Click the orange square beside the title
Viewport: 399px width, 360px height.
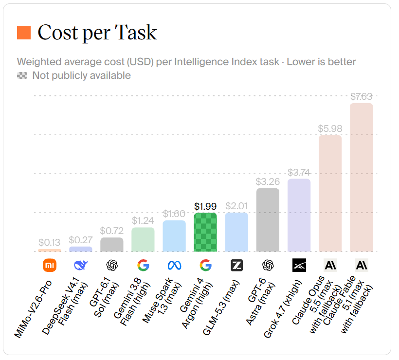pos(24,33)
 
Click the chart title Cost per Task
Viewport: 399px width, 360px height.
pos(97,33)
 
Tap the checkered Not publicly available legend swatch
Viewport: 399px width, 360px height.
pos(22,75)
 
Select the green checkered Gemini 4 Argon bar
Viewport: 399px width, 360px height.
pos(205,232)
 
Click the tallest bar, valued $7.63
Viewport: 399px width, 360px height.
pos(362,178)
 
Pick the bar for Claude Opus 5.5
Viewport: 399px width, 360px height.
pos(330,193)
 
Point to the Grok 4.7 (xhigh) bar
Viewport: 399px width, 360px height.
pos(299,215)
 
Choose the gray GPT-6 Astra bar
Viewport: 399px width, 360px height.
pos(268,220)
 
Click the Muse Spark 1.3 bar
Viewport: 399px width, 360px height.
pos(174,236)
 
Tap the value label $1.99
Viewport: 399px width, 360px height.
pos(205,206)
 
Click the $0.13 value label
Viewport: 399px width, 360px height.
pos(49,242)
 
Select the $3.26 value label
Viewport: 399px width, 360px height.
pos(268,181)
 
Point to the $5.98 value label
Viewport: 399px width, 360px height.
pos(330,128)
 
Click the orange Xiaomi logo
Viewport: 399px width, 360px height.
pos(49,265)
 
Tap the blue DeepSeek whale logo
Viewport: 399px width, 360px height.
pos(81,265)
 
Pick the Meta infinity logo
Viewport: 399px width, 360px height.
pos(174,265)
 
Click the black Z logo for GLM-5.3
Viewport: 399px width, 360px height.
pos(236,265)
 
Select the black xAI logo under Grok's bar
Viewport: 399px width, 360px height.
pos(299,265)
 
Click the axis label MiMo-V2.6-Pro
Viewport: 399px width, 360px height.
pos(33,309)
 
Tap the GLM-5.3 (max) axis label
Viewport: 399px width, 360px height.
pos(221,307)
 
